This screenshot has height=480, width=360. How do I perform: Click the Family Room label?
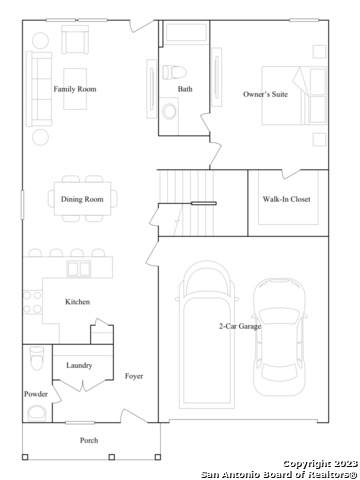pyautogui.click(x=75, y=89)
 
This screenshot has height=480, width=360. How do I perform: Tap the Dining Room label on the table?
pyautogui.click(x=82, y=199)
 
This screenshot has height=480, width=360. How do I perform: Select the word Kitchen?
pyautogui.click(x=77, y=302)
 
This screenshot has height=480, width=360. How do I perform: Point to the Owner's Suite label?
pyautogui.click(x=265, y=94)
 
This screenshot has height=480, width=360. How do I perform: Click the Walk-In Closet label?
pyautogui.click(x=286, y=199)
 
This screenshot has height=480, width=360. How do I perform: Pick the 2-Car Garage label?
pyautogui.click(x=240, y=326)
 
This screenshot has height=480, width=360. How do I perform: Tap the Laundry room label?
pyautogui.click(x=79, y=365)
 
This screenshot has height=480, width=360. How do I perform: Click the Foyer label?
pyautogui.click(x=134, y=376)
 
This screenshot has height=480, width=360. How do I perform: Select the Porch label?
pyautogui.click(x=89, y=440)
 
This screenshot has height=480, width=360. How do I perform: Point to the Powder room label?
pyautogui.click(x=36, y=394)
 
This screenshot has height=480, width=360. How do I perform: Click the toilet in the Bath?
pyautogui.click(x=174, y=72)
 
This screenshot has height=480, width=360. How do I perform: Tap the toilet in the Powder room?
pyautogui.click(x=36, y=358)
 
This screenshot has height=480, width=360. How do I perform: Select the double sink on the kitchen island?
pyautogui.click(x=79, y=269)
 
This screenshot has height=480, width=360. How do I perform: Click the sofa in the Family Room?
pyautogui.click(x=39, y=89)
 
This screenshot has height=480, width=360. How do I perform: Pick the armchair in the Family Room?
pyautogui.click(x=75, y=40)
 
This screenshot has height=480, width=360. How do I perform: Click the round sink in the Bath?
pyautogui.click(x=169, y=111)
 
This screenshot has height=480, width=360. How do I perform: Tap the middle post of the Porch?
pyautogui.click(x=112, y=457)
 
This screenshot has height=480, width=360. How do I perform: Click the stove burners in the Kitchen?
pyautogui.click(x=32, y=302)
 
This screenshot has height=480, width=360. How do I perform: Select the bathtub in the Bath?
pyautogui.click(x=186, y=32)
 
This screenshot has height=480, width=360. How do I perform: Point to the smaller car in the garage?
pyautogui.click(x=279, y=337)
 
